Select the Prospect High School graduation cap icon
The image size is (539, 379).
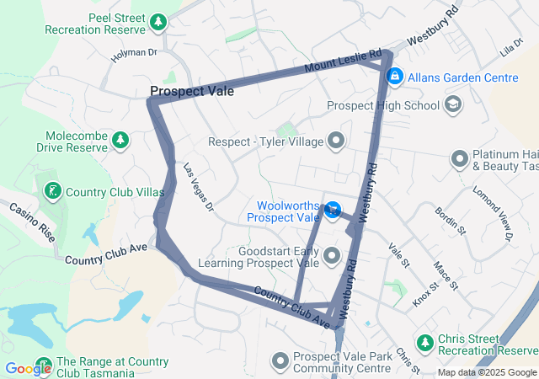[453, 105]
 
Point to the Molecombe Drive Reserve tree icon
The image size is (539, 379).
[120, 139]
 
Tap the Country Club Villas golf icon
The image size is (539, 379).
[53, 191]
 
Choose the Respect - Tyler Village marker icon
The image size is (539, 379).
[337, 141]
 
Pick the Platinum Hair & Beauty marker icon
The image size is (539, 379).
[460, 158]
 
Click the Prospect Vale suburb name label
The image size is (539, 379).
[192, 91]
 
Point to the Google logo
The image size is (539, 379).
[28, 368]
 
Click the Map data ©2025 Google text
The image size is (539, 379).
[487, 372]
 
